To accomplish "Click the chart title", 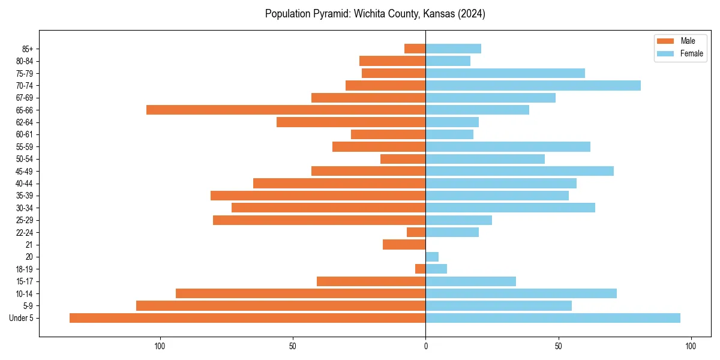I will pyautogui.click(x=375, y=14).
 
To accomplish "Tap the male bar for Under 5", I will pyautogui.click(x=247, y=318).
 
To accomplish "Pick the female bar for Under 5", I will pyautogui.click(x=553, y=318).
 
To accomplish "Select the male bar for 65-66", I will pyautogui.click(x=286, y=110).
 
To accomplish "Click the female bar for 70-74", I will pyautogui.click(x=533, y=85).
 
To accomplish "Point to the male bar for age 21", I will pyautogui.click(x=404, y=244).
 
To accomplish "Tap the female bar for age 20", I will pyautogui.click(x=432, y=257).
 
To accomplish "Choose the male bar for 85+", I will pyautogui.click(x=415, y=49).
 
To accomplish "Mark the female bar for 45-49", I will pyautogui.click(x=520, y=171).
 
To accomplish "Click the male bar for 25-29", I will pyautogui.click(x=319, y=220).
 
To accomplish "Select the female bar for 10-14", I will pyautogui.click(x=521, y=293).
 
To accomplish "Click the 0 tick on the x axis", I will pyautogui.click(x=425, y=346).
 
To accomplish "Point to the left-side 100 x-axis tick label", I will pyautogui.click(x=160, y=346).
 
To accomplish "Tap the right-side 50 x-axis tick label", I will pyautogui.click(x=558, y=346).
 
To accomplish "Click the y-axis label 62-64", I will pyautogui.click(x=25, y=122).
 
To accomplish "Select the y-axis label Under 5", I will pyautogui.click(x=21, y=318).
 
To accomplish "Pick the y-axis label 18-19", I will pyautogui.click(x=25, y=269).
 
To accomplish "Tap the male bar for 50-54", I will pyautogui.click(x=403, y=159).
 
